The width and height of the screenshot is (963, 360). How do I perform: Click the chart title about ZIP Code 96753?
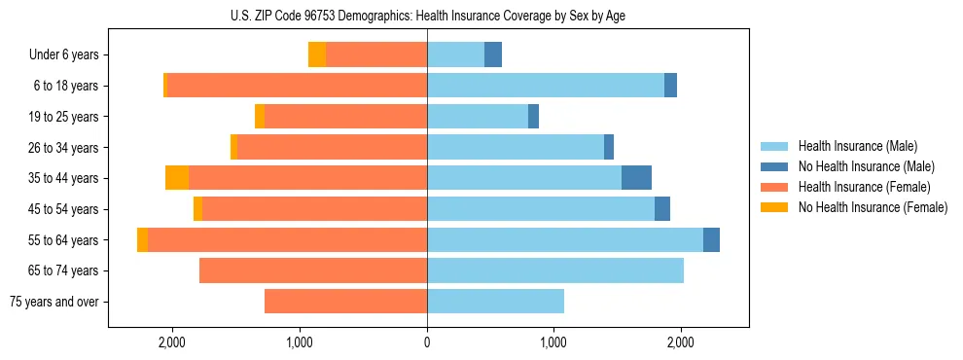[427, 16]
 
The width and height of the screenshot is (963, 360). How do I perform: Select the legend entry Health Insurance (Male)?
[856, 146]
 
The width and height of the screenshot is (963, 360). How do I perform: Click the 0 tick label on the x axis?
[427, 342]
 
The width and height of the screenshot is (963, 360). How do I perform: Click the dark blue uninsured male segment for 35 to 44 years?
[636, 178]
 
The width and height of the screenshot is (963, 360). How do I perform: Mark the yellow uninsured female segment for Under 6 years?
[317, 55]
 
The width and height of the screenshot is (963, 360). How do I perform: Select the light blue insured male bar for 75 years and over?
[495, 302]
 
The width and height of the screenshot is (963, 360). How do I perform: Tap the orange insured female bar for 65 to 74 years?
[313, 270]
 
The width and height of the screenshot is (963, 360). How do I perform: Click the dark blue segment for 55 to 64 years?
[711, 239]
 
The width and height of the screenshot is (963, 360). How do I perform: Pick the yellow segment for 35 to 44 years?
[177, 178]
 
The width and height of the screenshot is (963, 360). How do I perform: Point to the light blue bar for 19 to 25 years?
[478, 117]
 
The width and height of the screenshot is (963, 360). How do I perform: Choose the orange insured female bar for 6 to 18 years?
[297, 86]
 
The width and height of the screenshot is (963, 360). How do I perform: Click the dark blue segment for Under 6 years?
[493, 55]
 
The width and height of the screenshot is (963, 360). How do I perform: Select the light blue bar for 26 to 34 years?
[516, 147]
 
